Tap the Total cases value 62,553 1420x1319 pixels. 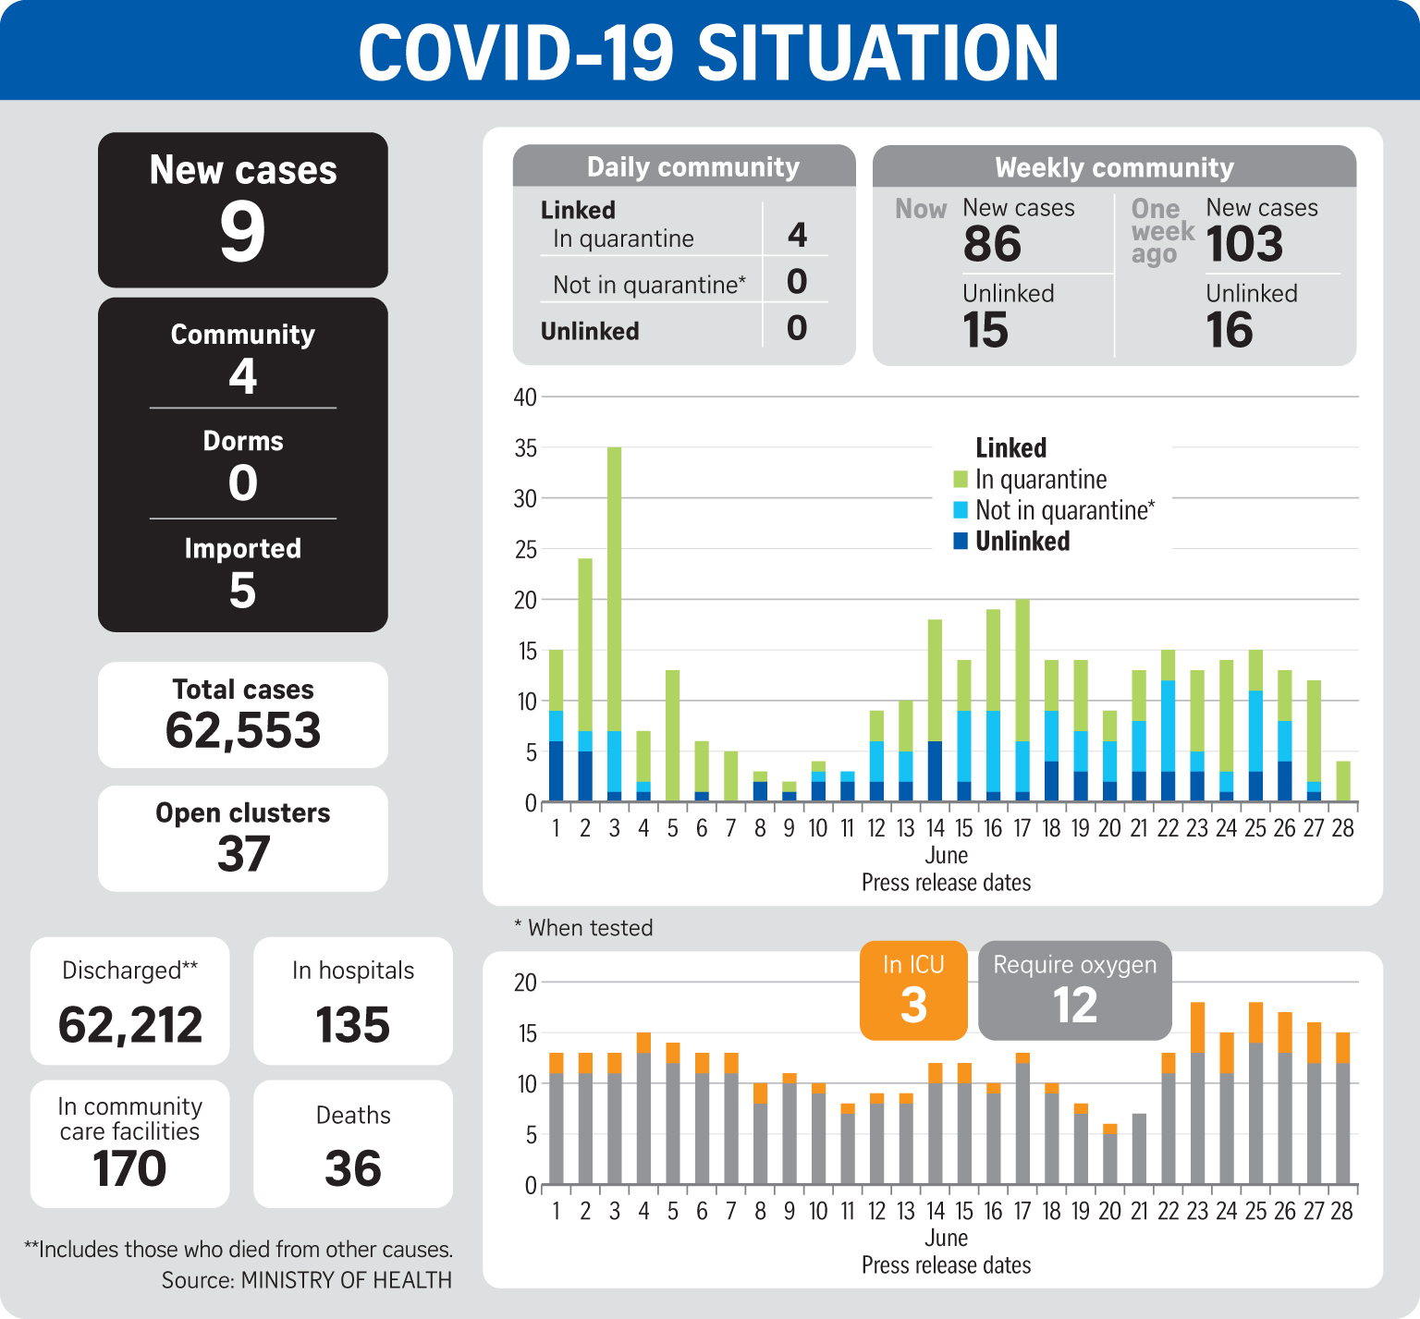click(x=243, y=730)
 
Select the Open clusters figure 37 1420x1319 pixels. click(x=243, y=853)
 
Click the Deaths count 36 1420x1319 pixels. click(x=353, y=1168)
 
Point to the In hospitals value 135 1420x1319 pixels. click(x=353, y=1025)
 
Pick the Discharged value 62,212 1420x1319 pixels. click(x=130, y=1025)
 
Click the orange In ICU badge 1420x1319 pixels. click(x=913, y=991)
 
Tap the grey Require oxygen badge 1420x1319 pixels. click(x=1075, y=991)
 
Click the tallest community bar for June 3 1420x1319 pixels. click(x=614, y=624)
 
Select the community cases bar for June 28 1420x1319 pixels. click(x=1343, y=781)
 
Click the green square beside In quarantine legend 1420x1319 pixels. click(x=961, y=479)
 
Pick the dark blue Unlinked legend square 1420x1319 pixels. click(x=961, y=541)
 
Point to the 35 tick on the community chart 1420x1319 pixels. click(x=525, y=448)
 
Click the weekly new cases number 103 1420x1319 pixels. click(x=1244, y=244)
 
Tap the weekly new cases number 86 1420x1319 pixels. click(x=992, y=244)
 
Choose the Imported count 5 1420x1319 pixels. click(x=242, y=590)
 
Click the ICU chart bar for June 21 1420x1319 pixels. click(x=1139, y=1149)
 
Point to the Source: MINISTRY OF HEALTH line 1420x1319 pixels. click(x=307, y=1280)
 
